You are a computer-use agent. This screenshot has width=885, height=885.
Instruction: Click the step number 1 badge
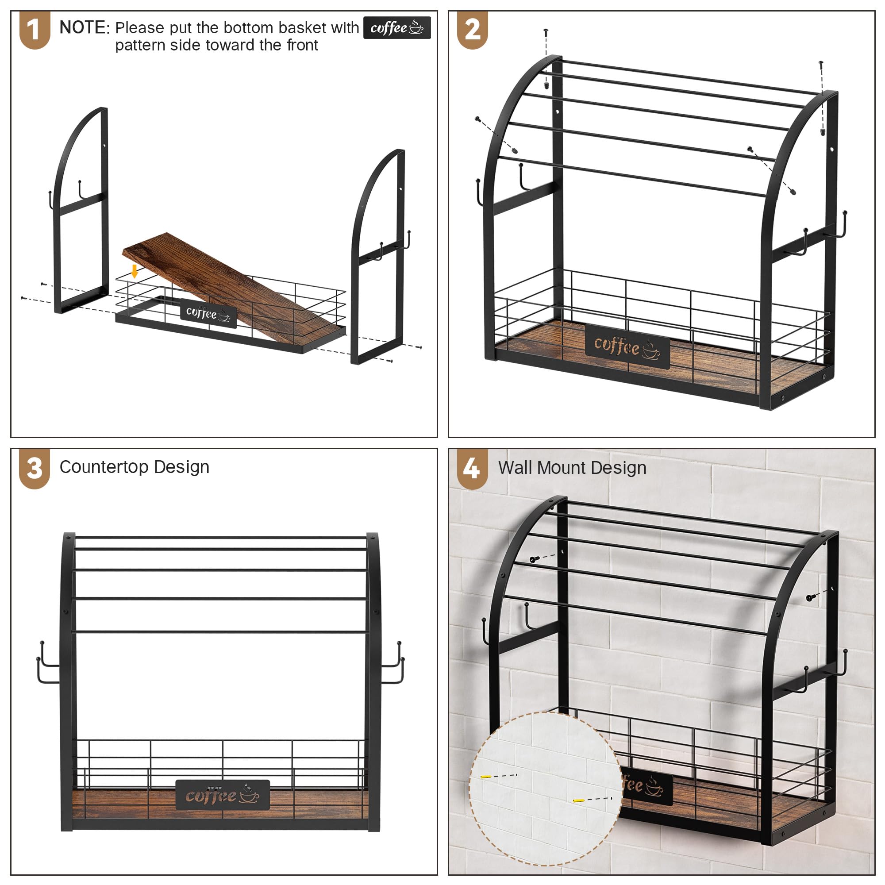point(35,30)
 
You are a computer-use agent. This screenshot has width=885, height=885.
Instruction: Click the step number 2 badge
point(472,30)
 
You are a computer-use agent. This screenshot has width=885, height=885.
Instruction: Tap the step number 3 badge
point(35,469)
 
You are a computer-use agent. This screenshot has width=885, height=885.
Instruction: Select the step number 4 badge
point(472,469)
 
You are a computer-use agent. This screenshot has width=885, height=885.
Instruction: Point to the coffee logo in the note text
point(396,28)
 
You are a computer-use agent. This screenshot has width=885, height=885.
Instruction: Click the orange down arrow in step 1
point(134,271)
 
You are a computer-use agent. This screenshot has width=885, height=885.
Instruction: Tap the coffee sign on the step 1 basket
point(208,314)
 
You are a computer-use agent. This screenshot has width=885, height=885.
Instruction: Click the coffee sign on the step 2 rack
point(627,347)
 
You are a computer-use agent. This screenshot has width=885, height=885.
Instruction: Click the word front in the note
point(302,45)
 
